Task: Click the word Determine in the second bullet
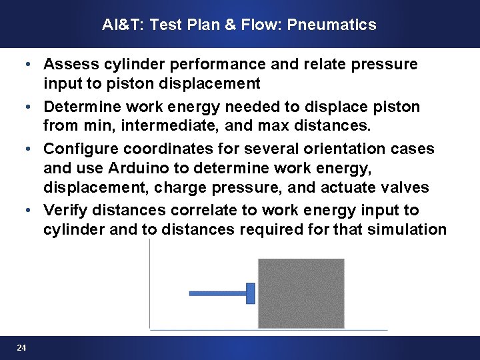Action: tap(81, 107)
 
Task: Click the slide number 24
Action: tap(22, 348)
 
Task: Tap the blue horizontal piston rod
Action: tap(217, 293)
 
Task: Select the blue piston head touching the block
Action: tap(251, 293)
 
